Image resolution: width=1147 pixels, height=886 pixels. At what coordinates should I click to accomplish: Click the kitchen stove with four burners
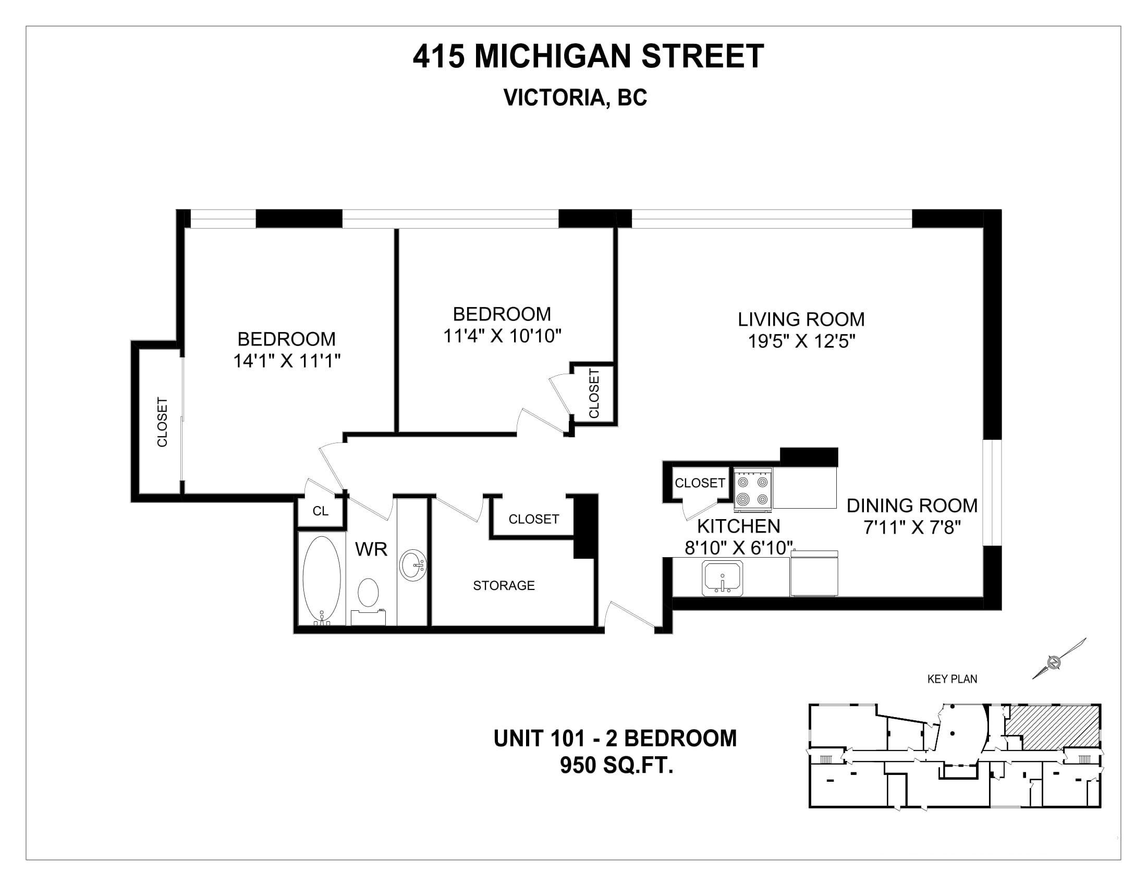752,490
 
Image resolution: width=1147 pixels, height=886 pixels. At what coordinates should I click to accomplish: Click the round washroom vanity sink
413,565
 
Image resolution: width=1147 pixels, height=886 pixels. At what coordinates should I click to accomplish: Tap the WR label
371,549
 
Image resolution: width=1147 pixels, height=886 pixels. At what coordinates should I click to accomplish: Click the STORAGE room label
504,586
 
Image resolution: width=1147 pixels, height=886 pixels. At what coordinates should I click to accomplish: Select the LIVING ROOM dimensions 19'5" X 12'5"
801,342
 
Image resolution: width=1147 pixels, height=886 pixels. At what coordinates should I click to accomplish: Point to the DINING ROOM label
912,506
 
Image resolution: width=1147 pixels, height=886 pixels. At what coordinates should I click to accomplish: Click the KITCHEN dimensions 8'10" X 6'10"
738,548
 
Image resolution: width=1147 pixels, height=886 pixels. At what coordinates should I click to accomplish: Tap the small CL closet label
320,511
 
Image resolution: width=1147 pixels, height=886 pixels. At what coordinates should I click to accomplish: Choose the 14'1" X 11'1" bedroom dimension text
287,361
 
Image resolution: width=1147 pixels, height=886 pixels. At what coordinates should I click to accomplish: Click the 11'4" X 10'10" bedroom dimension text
503,336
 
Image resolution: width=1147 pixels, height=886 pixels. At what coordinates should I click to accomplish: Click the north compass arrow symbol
1059,659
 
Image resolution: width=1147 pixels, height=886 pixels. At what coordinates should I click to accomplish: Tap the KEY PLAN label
952,679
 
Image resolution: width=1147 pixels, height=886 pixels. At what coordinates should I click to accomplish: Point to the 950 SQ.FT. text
617,765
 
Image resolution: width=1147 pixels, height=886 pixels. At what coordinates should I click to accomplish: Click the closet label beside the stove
700,483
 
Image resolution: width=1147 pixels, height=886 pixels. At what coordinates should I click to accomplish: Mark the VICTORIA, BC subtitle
575,97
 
